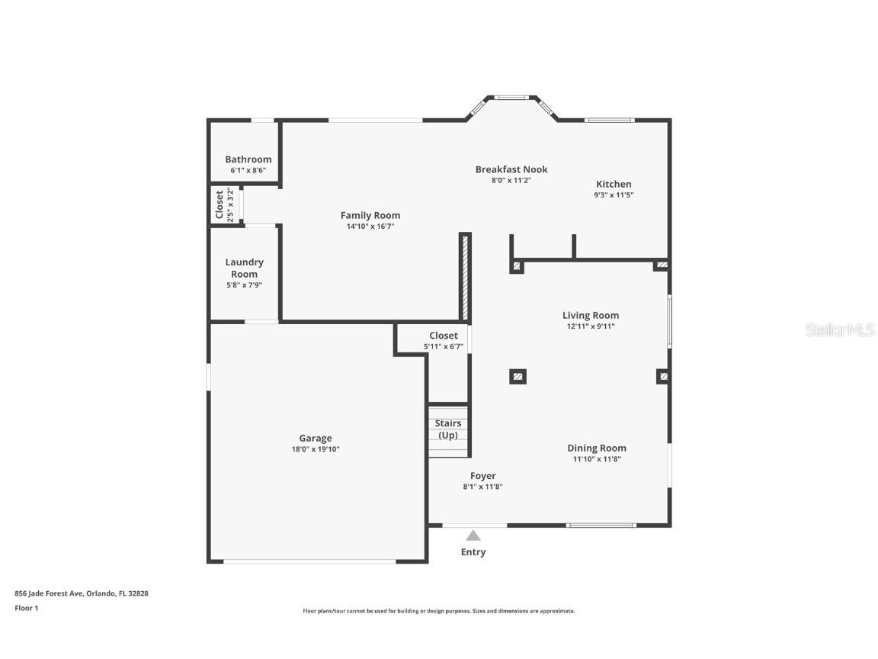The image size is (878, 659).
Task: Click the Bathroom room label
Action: pyautogui.click(x=248, y=159)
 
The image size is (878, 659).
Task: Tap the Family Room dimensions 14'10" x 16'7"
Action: pyautogui.click(x=370, y=227)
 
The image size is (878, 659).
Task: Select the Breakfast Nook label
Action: pyautogui.click(x=511, y=169)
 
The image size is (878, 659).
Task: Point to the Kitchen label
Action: pyautogui.click(x=614, y=184)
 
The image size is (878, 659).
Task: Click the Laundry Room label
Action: pyautogui.click(x=244, y=268)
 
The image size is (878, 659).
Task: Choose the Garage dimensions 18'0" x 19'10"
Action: pyautogui.click(x=315, y=450)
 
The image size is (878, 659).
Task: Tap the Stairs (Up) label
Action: pyautogui.click(x=447, y=429)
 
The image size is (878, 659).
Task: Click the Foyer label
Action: pyautogui.click(x=482, y=476)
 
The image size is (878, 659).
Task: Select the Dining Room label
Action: pyautogui.click(x=596, y=448)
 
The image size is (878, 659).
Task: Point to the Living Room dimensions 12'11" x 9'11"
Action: pyautogui.click(x=590, y=326)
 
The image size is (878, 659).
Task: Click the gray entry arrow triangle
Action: pyautogui.click(x=473, y=535)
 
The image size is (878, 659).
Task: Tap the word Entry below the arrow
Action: pyautogui.click(x=473, y=552)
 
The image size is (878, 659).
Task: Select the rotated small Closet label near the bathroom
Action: pyautogui.click(x=219, y=204)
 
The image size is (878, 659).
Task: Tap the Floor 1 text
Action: pyautogui.click(x=26, y=608)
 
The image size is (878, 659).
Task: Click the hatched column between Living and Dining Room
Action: pyautogui.click(x=518, y=376)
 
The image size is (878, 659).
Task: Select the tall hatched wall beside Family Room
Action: pyautogui.click(x=463, y=276)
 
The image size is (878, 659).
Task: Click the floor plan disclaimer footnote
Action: pyautogui.click(x=438, y=611)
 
